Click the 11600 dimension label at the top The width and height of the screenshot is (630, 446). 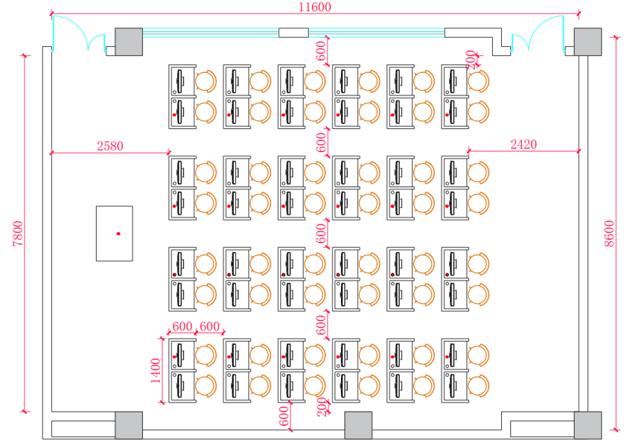(x=315, y=8)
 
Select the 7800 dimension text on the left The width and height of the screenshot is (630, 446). (x=18, y=234)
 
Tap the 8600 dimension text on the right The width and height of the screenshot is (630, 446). (x=609, y=234)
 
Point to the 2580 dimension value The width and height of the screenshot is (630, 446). (x=110, y=146)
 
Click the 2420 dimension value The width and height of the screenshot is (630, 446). (x=524, y=144)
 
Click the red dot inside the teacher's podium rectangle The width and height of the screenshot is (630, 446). (x=118, y=233)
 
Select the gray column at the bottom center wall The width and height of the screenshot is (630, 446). (x=358, y=425)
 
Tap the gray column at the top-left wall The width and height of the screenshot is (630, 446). (x=129, y=41)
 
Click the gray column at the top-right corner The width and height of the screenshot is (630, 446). (x=588, y=41)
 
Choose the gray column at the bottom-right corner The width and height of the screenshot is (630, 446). (x=588, y=425)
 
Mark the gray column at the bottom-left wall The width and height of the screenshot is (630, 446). (x=129, y=425)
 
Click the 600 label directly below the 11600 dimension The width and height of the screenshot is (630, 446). (x=321, y=50)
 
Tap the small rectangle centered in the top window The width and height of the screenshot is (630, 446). (x=293, y=32)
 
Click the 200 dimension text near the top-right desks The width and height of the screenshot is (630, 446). (x=470, y=58)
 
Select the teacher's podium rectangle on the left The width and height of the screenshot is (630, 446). (x=114, y=234)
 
